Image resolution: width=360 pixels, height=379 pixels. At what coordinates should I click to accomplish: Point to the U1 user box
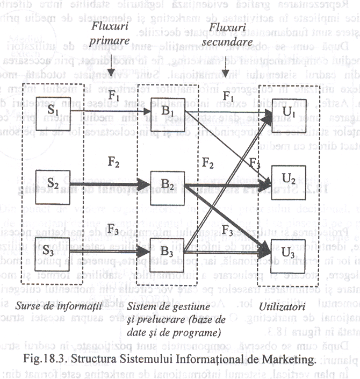click(x=288, y=113)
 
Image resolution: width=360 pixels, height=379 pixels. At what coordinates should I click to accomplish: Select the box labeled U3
click(x=288, y=251)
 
